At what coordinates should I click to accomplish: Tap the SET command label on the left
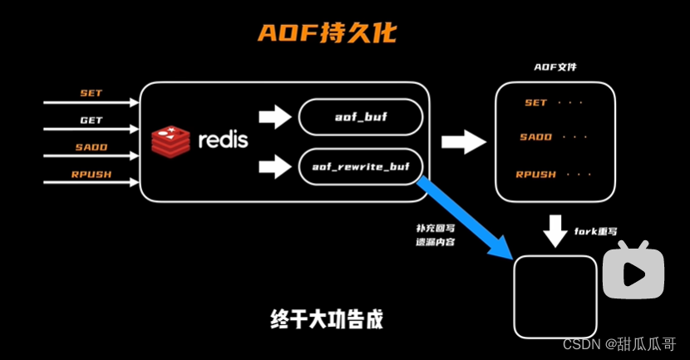91,92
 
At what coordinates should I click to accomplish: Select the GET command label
91,120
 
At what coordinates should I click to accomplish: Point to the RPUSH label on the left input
91,175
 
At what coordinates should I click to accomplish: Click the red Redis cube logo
170,140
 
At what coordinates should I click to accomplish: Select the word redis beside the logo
222,140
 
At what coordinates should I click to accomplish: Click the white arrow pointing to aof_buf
272,117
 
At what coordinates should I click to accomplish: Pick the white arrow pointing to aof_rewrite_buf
272,166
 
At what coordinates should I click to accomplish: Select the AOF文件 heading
554,67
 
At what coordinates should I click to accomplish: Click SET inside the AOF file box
536,103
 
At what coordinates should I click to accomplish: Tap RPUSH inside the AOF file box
536,175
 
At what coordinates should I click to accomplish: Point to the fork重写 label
596,231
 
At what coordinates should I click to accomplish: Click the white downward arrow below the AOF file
554,229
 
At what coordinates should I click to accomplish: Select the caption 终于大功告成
328,318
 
